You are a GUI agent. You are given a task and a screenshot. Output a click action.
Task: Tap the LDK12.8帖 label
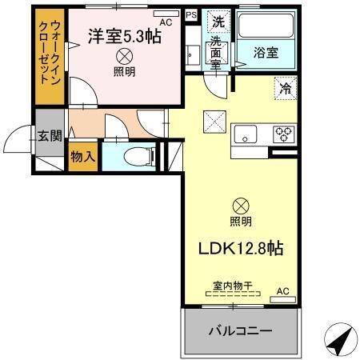pos(240,248)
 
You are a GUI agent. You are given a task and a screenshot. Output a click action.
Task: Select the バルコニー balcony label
pos(240,331)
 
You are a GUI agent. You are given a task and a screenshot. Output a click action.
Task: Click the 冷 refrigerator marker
pos(284,89)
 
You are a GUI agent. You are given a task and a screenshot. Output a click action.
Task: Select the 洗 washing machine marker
pos(216,22)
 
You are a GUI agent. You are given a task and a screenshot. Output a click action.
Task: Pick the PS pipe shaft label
pos(190,14)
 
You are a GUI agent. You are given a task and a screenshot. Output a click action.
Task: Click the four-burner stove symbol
pos(283,134)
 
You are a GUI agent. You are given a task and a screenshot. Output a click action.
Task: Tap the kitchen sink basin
pos(244,134)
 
